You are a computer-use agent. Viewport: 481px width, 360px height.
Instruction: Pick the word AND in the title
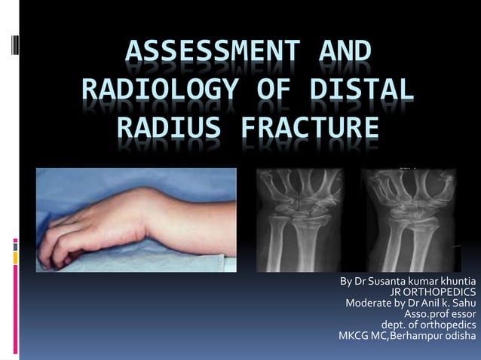click(340, 54)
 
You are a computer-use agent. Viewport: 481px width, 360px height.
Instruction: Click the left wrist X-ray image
click(301, 218)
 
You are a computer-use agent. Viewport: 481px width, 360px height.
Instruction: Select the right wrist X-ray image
click(408, 218)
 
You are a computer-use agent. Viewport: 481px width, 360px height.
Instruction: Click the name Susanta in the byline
click(384, 282)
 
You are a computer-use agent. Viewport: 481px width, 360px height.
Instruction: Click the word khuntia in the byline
click(455, 282)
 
